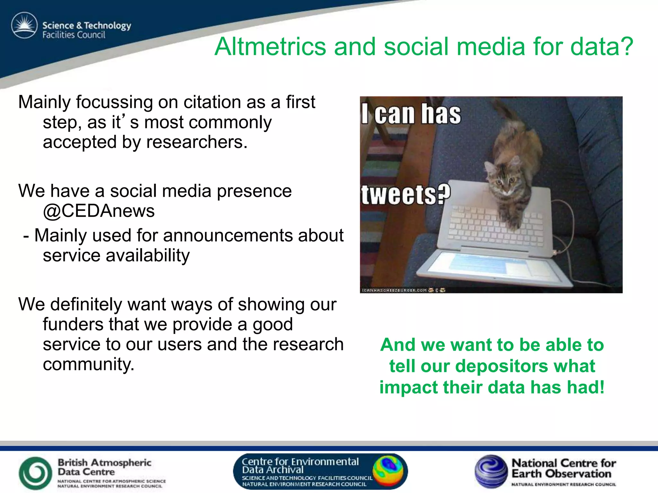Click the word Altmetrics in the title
(271, 47)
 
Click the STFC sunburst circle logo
(24, 26)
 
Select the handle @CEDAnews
(99, 211)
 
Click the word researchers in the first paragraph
(197, 142)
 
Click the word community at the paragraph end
(88, 364)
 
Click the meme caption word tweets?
(406, 194)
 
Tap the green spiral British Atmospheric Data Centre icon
(35, 473)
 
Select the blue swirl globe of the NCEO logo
(490, 471)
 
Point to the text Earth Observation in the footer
(561, 474)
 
